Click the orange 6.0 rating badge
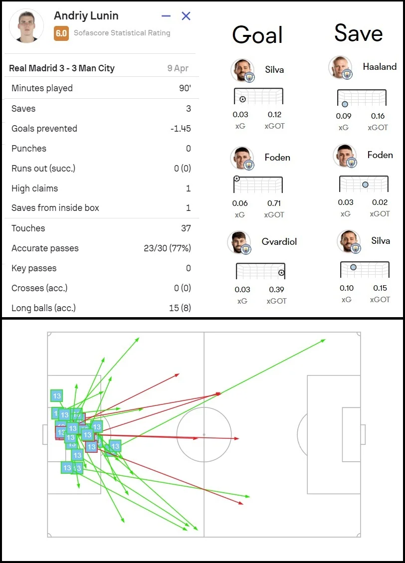click(61, 33)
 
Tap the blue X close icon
click(186, 16)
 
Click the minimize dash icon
click(166, 16)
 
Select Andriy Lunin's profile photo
click(26, 26)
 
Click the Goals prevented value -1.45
click(180, 129)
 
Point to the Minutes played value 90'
click(185, 88)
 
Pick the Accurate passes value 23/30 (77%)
click(167, 248)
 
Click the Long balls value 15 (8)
click(180, 308)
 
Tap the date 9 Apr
click(178, 68)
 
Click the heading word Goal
click(257, 35)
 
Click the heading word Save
click(358, 33)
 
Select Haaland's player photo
click(341, 68)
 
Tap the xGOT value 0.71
click(274, 203)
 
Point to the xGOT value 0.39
click(276, 290)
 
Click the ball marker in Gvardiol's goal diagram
click(281, 273)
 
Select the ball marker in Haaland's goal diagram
click(345, 104)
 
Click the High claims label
click(34, 188)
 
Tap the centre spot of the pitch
click(204, 434)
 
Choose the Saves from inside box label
click(55, 208)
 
